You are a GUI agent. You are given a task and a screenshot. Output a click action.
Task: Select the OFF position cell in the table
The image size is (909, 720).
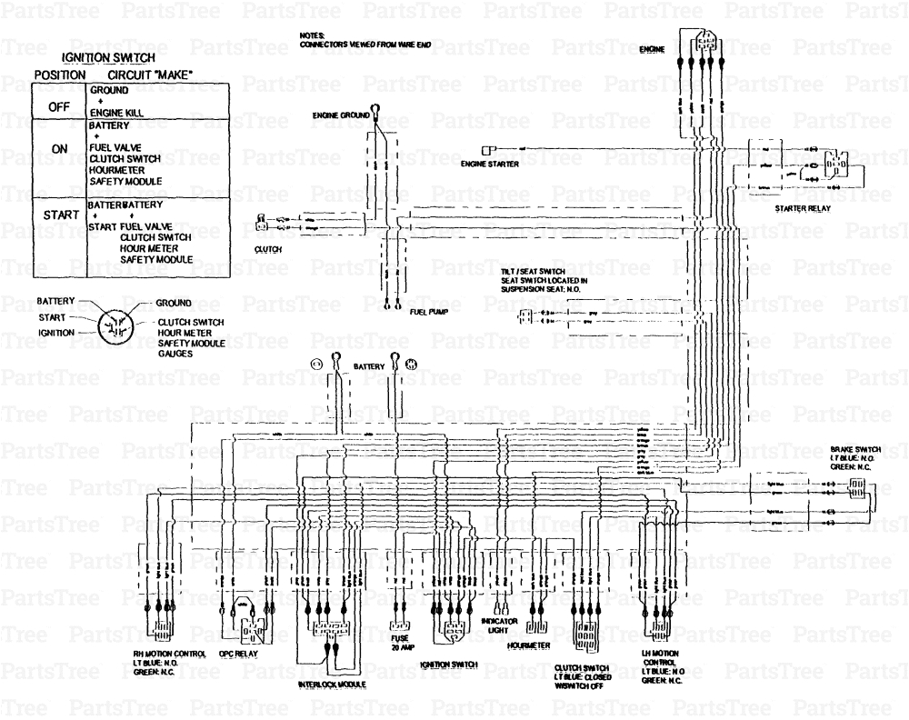pyautogui.click(x=59, y=107)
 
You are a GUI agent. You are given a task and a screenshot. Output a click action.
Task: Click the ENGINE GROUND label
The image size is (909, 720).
pyautogui.click(x=341, y=116)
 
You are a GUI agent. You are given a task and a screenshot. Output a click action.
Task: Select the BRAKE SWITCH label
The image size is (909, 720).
pyautogui.click(x=854, y=450)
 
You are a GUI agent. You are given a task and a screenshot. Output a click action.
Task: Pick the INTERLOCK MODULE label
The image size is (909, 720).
pyautogui.click(x=332, y=684)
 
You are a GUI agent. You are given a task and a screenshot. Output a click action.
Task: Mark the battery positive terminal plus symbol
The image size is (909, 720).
pyautogui.click(x=411, y=365)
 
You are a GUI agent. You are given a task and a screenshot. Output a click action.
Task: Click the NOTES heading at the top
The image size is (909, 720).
pyautogui.click(x=313, y=35)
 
